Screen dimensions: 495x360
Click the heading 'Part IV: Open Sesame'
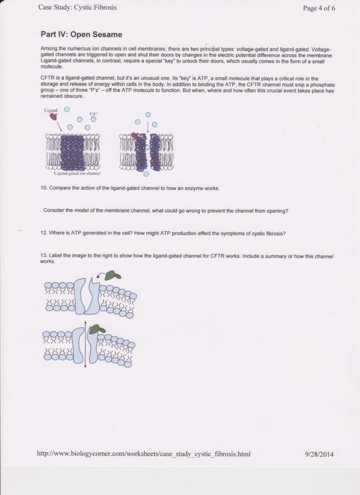point(81,35)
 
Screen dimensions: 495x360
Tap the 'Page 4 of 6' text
point(319,8)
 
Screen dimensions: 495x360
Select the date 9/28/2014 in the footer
point(320,453)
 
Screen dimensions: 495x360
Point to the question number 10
point(43,189)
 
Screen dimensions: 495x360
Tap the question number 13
point(43,256)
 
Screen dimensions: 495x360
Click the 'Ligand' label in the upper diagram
point(50,108)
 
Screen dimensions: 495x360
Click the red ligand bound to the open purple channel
point(134,136)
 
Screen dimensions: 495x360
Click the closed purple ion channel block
point(73,152)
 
